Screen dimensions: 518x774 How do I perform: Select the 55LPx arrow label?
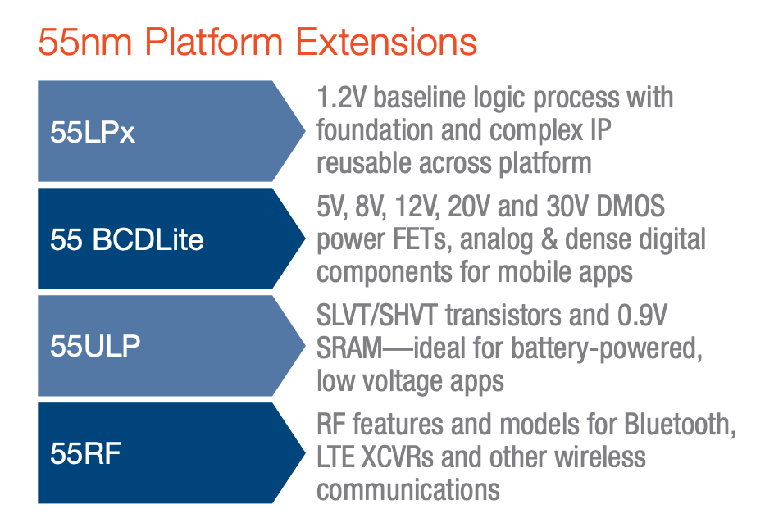click(x=93, y=132)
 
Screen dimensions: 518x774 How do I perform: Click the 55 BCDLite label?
click(x=126, y=239)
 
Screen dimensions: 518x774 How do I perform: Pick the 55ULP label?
click(x=95, y=346)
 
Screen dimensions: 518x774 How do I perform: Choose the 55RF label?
click(x=85, y=453)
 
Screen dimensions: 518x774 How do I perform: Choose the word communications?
click(x=408, y=489)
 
